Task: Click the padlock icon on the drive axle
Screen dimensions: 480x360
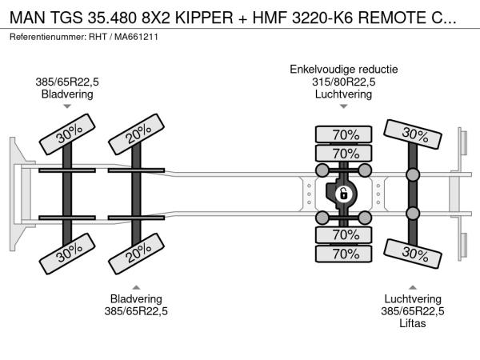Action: coord(343,194)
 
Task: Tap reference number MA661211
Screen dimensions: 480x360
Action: coord(136,37)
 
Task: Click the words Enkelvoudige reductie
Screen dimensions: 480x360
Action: coord(344,69)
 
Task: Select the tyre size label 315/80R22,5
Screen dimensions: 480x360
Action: coord(344,82)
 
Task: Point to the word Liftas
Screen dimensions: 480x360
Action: coord(412,323)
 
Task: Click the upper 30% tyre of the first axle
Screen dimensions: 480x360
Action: coord(67,134)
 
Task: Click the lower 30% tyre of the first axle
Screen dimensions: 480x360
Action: coord(67,254)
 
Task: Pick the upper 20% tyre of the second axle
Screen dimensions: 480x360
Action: coord(136,134)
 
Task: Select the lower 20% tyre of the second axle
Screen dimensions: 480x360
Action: coord(136,254)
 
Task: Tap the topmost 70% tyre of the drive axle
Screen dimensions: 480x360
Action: coord(343,134)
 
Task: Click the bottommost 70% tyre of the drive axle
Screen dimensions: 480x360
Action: coord(343,254)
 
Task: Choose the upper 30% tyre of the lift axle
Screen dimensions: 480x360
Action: coord(413,134)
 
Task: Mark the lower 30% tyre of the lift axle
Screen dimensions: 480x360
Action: coord(413,254)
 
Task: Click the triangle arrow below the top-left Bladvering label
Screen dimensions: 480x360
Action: coord(67,106)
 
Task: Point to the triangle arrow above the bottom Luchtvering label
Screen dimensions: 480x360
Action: coord(413,287)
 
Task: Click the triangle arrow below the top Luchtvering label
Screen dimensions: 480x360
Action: coord(343,106)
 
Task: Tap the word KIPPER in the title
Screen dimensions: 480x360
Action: coord(204,18)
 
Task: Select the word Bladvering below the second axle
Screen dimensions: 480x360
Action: coord(136,298)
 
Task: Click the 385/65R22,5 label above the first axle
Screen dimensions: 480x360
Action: coord(67,82)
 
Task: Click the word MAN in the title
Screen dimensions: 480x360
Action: coord(27,18)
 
